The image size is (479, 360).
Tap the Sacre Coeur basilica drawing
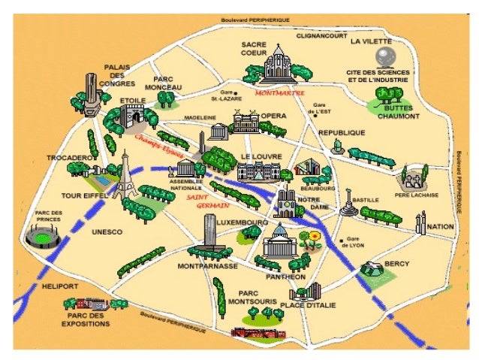click(x=277, y=64)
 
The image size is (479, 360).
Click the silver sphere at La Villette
click(x=387, y=56)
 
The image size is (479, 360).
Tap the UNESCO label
click(x=107, y=232)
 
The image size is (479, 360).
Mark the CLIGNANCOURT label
click(x=321, y=35)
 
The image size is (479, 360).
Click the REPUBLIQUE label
click(x=342, y=132)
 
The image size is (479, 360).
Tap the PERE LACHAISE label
click(x=412, y=194)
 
